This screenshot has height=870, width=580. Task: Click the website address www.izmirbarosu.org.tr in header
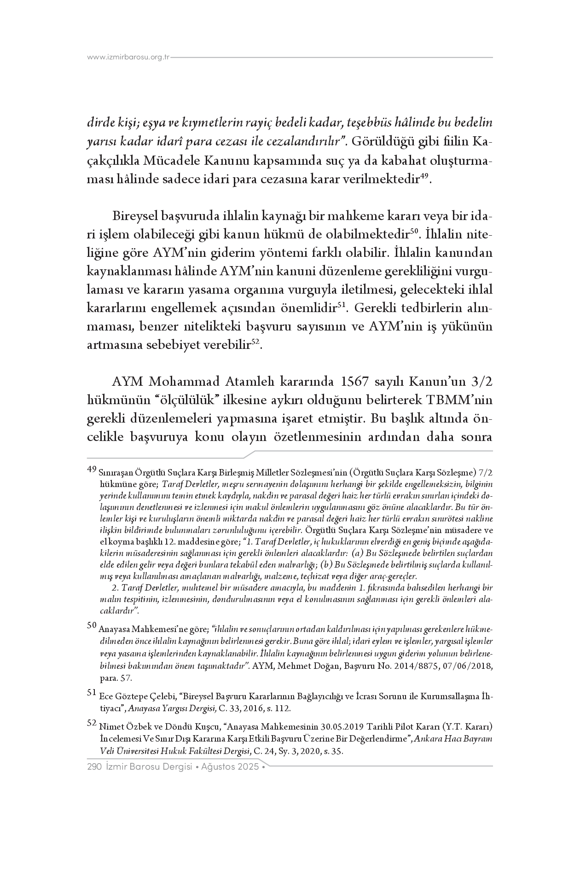128,58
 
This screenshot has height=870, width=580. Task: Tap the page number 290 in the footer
94,767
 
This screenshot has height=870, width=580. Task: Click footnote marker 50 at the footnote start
92,625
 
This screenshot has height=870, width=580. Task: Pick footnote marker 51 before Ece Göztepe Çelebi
92,692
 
